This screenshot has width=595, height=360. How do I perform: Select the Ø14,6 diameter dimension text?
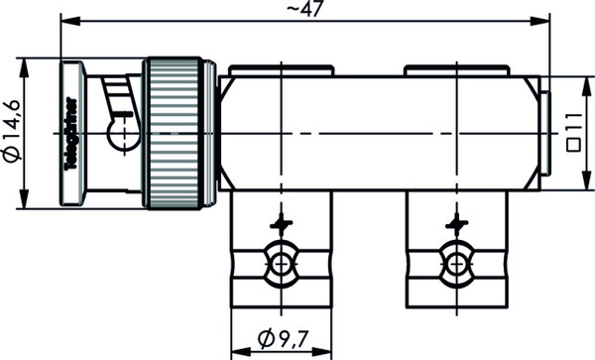(13, 131)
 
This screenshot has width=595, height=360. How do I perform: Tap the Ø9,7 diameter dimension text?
(283, 339)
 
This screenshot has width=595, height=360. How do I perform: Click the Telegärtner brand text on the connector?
(71, 134)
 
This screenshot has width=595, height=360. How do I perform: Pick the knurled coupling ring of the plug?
(175, 133)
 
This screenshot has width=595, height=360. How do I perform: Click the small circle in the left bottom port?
(281, 264)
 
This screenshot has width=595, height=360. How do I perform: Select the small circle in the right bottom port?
(456, 264)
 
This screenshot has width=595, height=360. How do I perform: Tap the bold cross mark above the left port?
(282, 224)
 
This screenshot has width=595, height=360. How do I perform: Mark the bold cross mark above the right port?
(457, 224)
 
